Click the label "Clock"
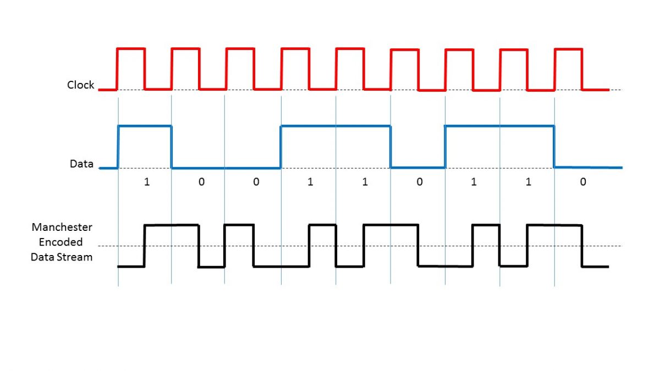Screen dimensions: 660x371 pos(80,85)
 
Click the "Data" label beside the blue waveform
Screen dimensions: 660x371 pos(81,164)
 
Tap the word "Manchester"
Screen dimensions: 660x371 pos(62,227)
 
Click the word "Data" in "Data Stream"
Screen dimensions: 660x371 pos(42,257)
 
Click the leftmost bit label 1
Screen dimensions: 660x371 pos(146,182)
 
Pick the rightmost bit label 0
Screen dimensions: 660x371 pos(582,182)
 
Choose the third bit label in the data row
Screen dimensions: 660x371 pos(256,182)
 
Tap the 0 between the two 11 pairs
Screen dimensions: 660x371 pos(419,182)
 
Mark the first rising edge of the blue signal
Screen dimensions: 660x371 pos(118,147)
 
